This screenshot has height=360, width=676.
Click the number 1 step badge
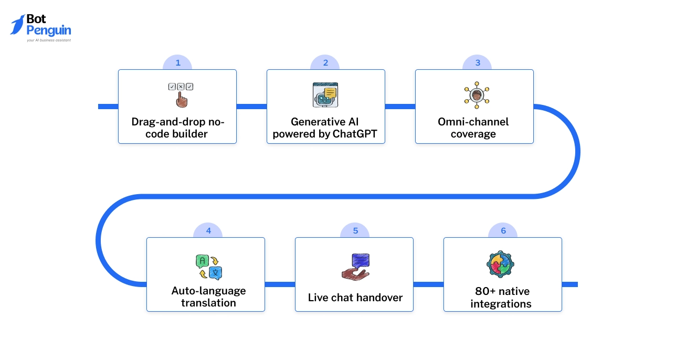click(177, 63)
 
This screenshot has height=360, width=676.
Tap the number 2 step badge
click(325, 63)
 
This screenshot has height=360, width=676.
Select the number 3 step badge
click(478, 63)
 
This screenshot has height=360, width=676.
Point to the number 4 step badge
click(208, 231)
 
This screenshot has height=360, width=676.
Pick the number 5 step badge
click(355, 231)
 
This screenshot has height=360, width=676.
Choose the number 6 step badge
click(503, 231)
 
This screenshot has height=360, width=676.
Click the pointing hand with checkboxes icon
click(181, 95)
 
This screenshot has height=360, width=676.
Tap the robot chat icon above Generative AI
click(325, 95)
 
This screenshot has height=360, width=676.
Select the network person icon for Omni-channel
click(477, 95)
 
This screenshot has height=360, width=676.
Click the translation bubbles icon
click(209, 267)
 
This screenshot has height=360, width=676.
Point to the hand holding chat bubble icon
click(356, 266)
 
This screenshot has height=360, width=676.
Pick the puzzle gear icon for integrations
click(500, 264)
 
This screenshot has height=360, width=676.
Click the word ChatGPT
click(358, 134)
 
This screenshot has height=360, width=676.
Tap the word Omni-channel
click(473, 122)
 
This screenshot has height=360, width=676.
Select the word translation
click(208, 303)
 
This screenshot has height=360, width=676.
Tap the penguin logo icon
click(17, 25)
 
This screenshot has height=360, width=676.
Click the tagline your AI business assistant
click(49, 40)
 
